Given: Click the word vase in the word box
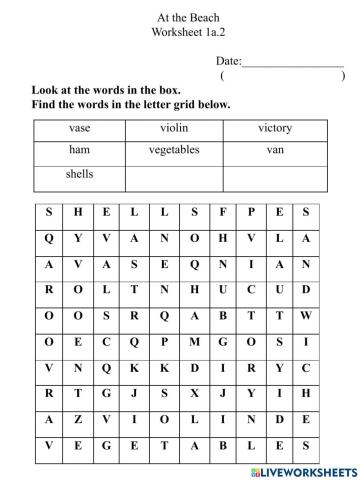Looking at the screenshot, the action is tap(80, 129).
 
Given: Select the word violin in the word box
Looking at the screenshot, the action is tap(174, 129).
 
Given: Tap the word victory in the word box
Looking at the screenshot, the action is tap(275, 129).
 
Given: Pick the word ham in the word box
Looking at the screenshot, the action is tap(80, 150).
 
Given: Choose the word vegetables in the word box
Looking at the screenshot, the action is tap(174, 150).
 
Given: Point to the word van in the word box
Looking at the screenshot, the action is tap(276, 150).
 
